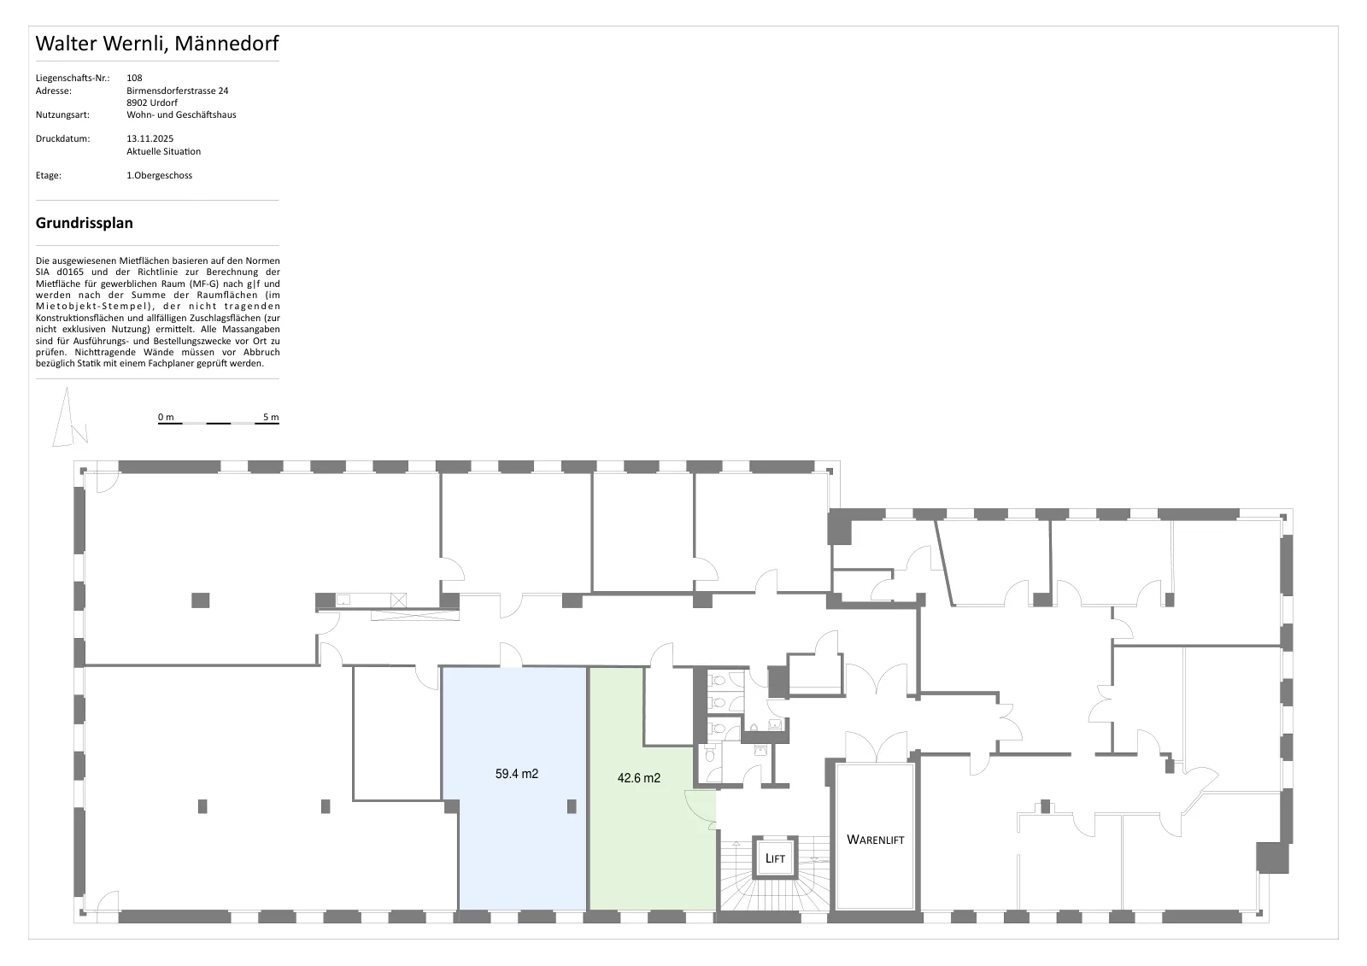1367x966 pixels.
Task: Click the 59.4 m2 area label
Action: (516, 774)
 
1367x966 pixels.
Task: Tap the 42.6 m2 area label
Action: (638, 778)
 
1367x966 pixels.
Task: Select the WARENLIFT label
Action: (875, 840)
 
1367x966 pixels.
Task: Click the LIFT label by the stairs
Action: (775, 858)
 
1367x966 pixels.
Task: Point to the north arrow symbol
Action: (69, 418)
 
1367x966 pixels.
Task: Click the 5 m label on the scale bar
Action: (271, 418)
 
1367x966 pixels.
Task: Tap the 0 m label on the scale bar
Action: (166, 418)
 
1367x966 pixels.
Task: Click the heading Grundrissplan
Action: (85, 223)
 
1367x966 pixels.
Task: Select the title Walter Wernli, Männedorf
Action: (157, 44)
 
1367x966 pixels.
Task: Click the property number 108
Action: (134, 78)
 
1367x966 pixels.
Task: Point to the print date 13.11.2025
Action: (150, 138)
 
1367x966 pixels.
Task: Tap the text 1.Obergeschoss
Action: (159, 175)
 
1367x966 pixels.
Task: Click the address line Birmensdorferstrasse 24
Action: (178, 91)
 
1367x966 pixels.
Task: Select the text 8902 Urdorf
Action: (152, 102)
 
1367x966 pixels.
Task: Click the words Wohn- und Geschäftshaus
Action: (181, 114)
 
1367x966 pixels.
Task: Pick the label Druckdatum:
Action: (62, 138)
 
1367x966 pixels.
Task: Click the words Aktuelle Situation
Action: (163, 151)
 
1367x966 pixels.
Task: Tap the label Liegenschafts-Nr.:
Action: (73, 78)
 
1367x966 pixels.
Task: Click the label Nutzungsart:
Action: (62, 114)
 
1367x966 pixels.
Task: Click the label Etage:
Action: (48, 176)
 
